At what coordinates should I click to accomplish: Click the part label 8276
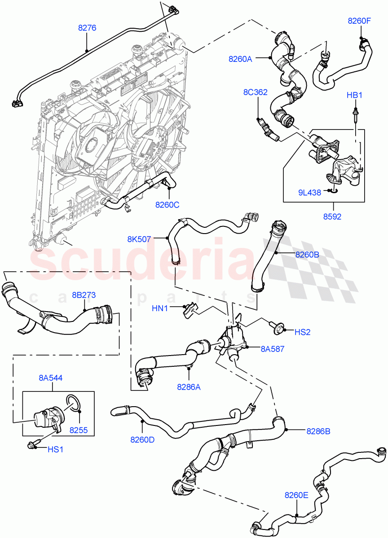(x=87, y=28)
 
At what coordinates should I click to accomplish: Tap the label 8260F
(x=360, y=20)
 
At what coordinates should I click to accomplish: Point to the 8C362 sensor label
(x=255, y=93)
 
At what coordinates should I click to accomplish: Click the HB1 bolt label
(x=354, y=95)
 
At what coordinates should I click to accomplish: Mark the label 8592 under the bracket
(x=332, y=217)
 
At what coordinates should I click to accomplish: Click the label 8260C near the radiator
(x=167, y=205)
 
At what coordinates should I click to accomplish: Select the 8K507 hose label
(x=139, y=239)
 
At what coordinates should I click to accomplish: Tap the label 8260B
(x=307, y=254)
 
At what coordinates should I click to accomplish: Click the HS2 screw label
(x=303, y=332)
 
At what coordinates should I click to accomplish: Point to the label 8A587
(x=272, y=348)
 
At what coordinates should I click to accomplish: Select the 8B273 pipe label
(x=84, y=295)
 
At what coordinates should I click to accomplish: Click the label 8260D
(x=142, y=439)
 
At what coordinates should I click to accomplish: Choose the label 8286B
(x=318, y=431)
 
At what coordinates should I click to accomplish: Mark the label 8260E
(x=296, y=495)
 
